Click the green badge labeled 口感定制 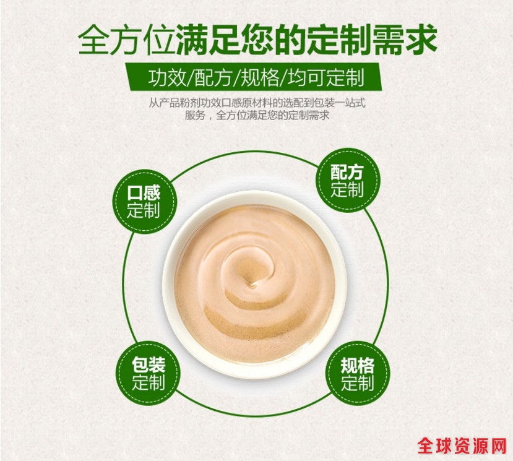tap(144, 202)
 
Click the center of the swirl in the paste tap(251, 284)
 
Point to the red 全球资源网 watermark tap(462, 446)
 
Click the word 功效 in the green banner tap(167, 78)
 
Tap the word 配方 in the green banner tap(213, 78)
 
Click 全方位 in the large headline tap(126, 41)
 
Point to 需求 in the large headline tap(405, 41)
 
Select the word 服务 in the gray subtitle tap(195, 115)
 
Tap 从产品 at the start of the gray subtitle tap(164, 103)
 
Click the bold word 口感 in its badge tap(144, 192)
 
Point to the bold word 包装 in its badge tap(149, 364)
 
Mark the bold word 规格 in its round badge tap(358, 365)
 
